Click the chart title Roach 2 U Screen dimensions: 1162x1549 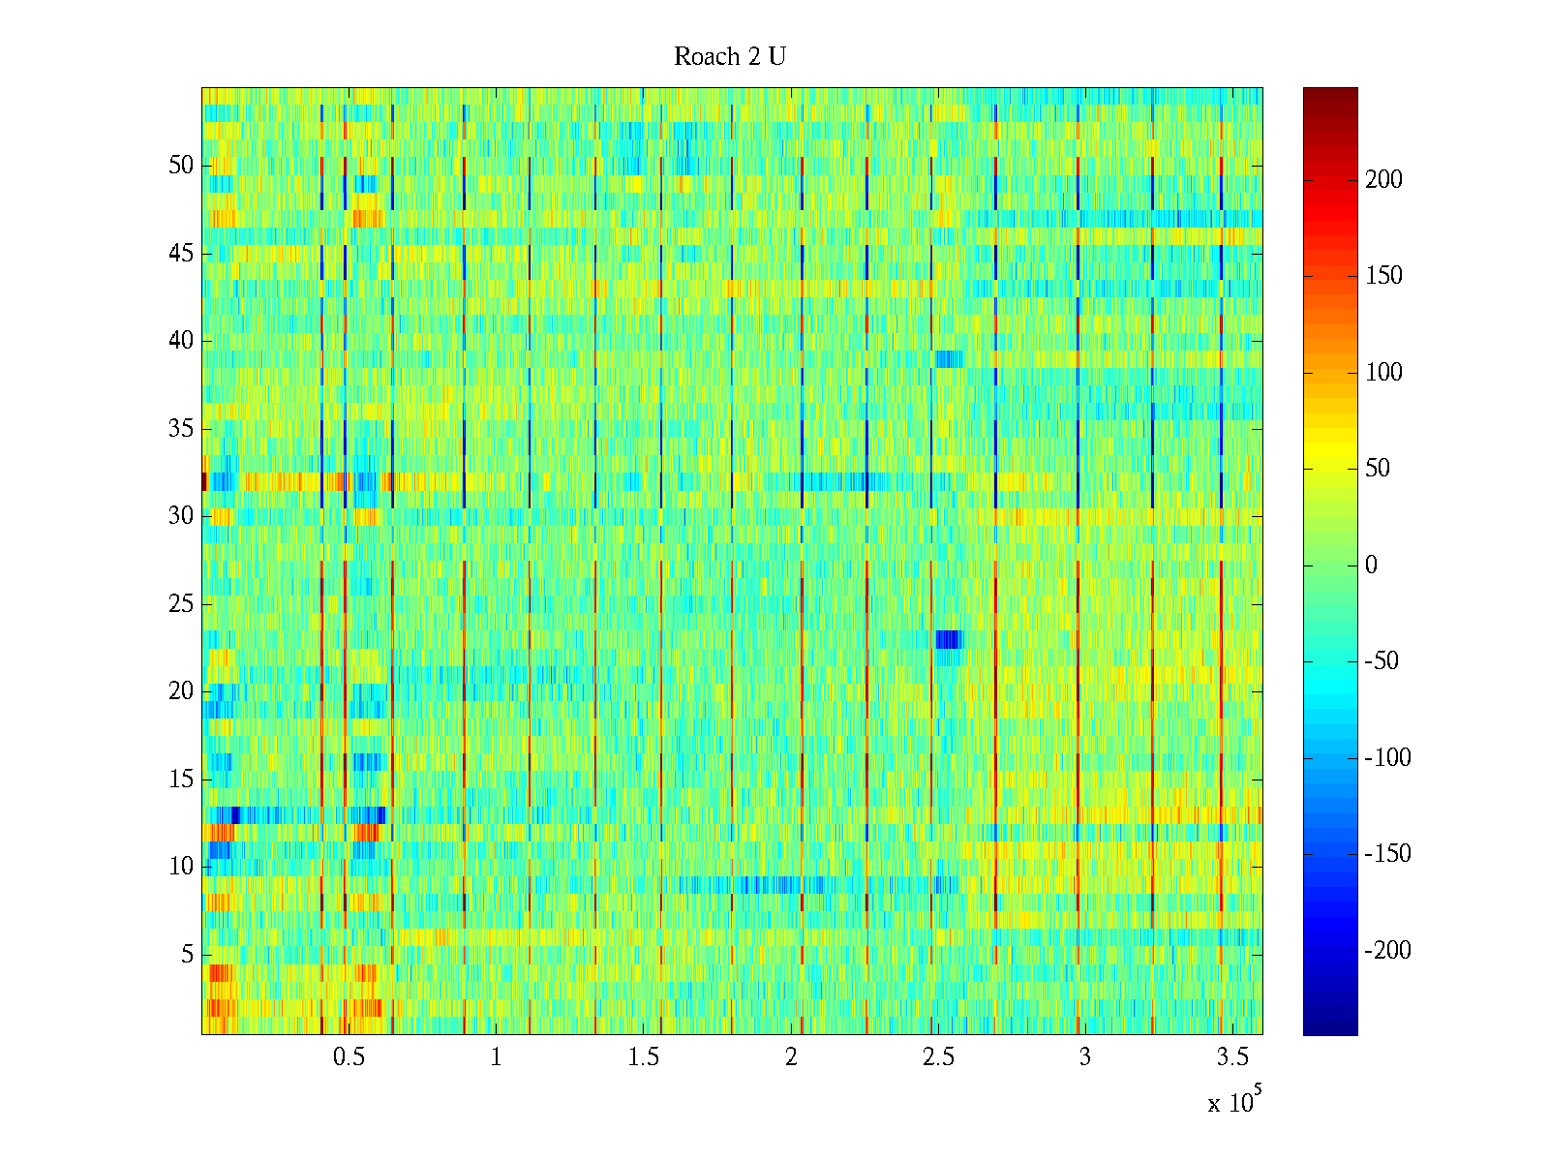[x=729, y=57]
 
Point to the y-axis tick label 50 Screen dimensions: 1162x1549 [x=181, y=166]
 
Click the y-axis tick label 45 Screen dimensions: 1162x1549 [x=181, y=254]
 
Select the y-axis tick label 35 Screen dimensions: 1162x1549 [x=181, y=429]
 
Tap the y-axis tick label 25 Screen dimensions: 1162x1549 [x=181, y=604]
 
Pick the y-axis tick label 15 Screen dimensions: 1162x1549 [x=181, y=780]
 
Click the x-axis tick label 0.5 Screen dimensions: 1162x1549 [x=349, y=1057]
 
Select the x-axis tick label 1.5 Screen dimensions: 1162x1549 [x=643, y=1057]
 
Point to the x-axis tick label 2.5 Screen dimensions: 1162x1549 [x=938, y=1057]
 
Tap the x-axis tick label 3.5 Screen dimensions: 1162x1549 [x=1232, y=1057]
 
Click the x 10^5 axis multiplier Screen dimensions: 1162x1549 [x=1234, y=1101]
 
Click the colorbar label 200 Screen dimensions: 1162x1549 [x=1383, y=180]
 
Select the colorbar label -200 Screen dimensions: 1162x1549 [x=1387, y=951]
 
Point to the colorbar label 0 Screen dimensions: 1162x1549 [x=1371, y=566]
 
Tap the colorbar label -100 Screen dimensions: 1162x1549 [x=1387, y=758]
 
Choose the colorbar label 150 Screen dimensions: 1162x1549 [x=1383, y=276]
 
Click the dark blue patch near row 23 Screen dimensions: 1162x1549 [x=948, y=639]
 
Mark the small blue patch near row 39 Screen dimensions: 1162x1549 [x=948, y=358]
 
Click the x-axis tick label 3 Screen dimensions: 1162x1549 [x=1084, y=1057]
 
